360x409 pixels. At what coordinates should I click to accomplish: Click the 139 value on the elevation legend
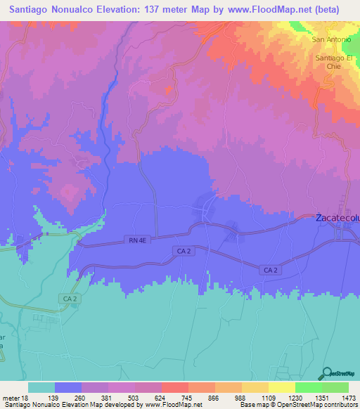(x=55, y=398)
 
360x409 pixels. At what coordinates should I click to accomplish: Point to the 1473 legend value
(x=348, y=398)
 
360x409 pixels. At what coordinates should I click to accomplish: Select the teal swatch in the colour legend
(x=41, y=387)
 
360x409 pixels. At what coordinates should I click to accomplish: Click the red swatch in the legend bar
(x=175, y=387)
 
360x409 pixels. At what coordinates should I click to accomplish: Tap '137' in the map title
(x=155, y=10)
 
